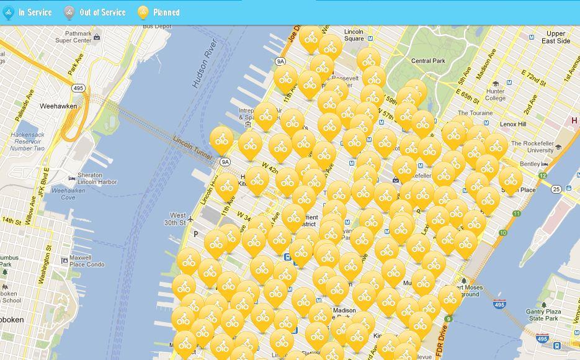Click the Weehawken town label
coord(58,106)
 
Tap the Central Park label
coord(428,61)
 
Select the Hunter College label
coord(495,94)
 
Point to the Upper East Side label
coord(555,37)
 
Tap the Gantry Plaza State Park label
coord(543,315)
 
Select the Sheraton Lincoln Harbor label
coord(97,179)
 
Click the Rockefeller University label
coord(532,147)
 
